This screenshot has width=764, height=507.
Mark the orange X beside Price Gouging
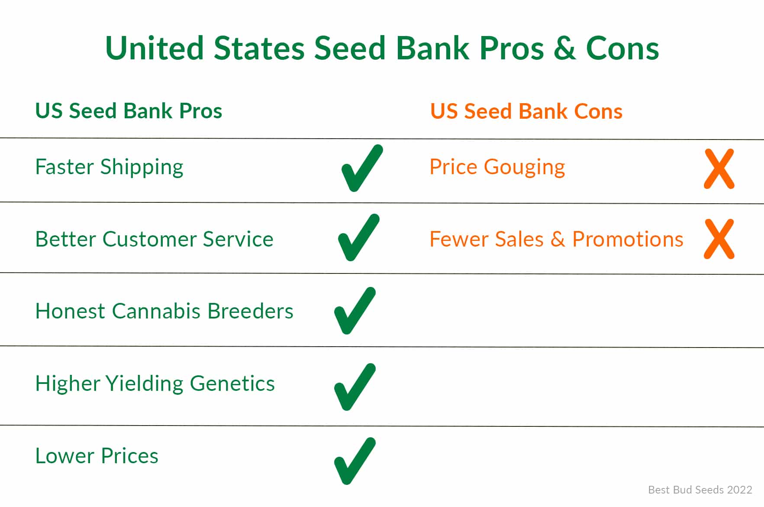[x=719, y=169]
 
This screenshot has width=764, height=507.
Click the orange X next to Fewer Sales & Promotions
[x=719, y=239]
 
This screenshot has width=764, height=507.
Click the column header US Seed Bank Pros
[x=129, y=111]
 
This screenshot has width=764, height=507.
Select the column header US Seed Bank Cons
[x=526, y=111]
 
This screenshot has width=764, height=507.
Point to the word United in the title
[x=155, y=48]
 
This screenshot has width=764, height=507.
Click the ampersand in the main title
[x=564, y=48]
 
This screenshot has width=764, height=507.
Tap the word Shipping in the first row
[x=142, y=168]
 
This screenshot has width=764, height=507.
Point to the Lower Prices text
[x=97, y=456]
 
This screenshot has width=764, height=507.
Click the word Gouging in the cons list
[x=524, y=168]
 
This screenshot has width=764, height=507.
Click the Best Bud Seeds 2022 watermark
[x=700, y=490]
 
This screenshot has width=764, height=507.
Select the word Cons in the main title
[x=622, y=48]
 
